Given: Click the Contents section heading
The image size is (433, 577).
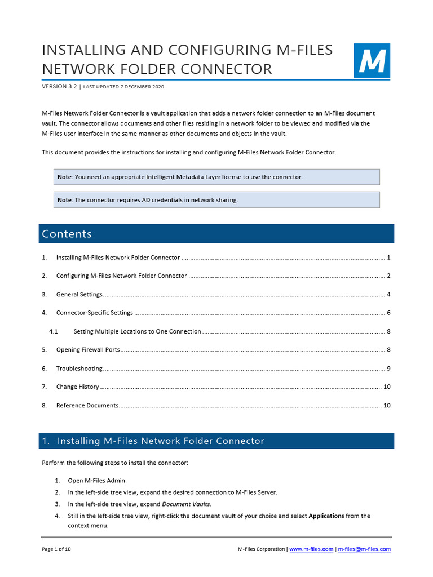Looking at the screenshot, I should pos(67,234).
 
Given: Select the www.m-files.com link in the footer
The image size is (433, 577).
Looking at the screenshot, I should pos(311,549).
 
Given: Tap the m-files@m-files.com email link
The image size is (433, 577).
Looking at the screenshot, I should pos(364,549).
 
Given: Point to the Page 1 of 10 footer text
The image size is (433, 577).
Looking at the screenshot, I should pos(56,549).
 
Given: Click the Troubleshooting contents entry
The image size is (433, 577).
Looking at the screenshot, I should pos(79,369).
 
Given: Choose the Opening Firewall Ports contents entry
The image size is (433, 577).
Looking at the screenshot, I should pos(88,350).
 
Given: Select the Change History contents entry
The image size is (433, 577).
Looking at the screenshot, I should pos(77,387).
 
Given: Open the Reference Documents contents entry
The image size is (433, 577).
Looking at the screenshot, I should pos(87,406).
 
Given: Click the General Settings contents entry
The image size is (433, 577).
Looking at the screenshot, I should pos(79,295).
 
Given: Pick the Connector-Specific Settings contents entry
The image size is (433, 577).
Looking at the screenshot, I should pos(94,313).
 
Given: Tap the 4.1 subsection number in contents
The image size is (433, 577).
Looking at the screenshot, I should pos(54,331).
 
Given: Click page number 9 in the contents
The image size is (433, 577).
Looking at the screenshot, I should pos(388,369).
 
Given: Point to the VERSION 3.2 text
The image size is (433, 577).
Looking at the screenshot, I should pos(59,87).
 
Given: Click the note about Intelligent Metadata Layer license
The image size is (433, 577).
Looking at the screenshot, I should pos(216,177).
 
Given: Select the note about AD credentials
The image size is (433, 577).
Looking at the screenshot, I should pos(216,200).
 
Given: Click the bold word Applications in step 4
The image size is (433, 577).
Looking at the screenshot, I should pos(326,516).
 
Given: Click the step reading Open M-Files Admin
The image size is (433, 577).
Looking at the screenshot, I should pos(97,481).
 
